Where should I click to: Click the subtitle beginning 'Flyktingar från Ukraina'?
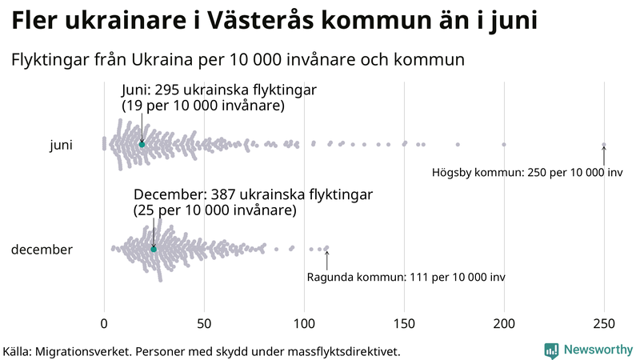(x=238, y=60)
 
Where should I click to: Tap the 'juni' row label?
(x=61, y=145)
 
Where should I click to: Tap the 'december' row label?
(x=42, y=250)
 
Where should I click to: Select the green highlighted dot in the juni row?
(x=142, y=144)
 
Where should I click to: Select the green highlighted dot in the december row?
(x=154, y=249)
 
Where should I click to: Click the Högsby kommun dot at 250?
(x=604, y=145)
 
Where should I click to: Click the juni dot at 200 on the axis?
(x=504, y=144)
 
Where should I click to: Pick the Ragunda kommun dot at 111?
(x=326, y=248)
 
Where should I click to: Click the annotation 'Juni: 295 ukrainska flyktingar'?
(x=218, y=90)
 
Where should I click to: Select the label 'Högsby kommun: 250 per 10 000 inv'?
(x=527, y=173)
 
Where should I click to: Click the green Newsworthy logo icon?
(x=551, y=350)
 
